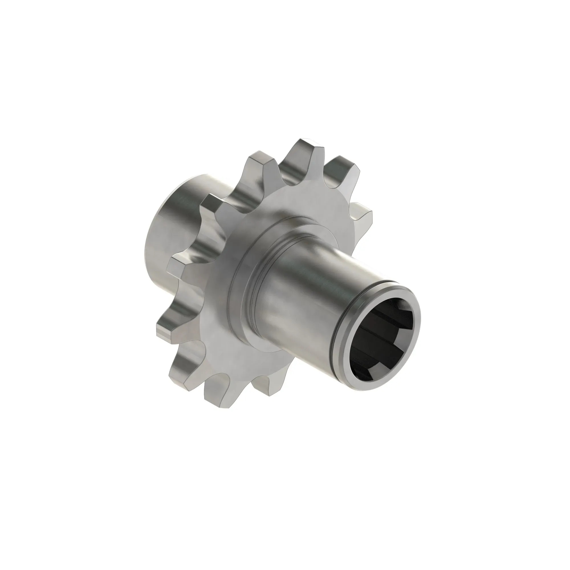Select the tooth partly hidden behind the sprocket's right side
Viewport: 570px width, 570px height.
click(x=361, y=212)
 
